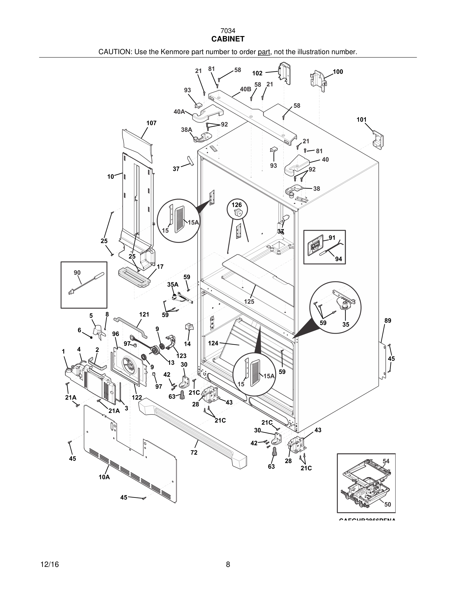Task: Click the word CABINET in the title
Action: click(x=228, y=39)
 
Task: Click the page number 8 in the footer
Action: click(x=228, y=564)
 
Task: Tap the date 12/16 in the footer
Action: click(x=49, y=564)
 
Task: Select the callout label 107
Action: click(x=151, y=123)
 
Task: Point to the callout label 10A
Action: click(x=104, y=485)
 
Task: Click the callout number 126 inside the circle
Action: click(x=237, y=205)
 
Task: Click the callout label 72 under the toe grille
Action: click(x=194, y=452)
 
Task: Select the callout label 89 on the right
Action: click(x=388, y=321)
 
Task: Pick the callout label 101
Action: click(x=361, y=120)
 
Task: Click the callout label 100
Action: click(x=338, y=72)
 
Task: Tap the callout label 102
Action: click(x=257, y=73)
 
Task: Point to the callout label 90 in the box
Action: click(x=77, y=273)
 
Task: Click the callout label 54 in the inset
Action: click(x=386, y=461)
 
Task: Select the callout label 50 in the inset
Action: click(x=387, y=504)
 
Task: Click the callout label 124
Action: click(x=213, y=343)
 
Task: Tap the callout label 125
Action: click(x=249, y=301)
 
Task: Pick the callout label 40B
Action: click(x=245, y=89)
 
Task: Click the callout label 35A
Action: click(x=173, y=285)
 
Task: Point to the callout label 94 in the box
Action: click(x=339, y=259)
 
